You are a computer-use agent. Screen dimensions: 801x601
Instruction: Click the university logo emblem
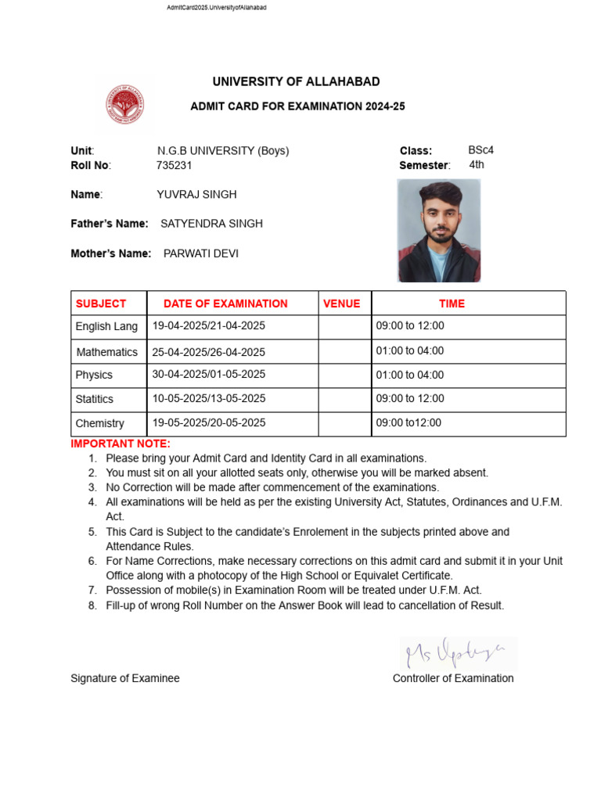click(125, 105)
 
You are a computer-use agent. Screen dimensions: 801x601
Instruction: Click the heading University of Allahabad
click(296, 82)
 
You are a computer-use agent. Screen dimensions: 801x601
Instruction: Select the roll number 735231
click(175, 165)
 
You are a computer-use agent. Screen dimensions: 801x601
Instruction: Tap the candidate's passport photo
click(438, 231)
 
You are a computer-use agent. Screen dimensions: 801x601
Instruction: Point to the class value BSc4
click(480, 150)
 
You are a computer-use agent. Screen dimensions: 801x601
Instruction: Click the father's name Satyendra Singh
click(211, 224)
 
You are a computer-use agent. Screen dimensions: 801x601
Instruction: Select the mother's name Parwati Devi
click(201, 253)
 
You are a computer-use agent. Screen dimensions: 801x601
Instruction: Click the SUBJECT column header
click(101, 304)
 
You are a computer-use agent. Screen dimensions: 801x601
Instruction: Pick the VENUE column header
click(341, 304)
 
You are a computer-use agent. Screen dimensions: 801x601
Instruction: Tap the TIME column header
click(452, 304)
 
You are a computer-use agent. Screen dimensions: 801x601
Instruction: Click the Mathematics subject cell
click(107, 352)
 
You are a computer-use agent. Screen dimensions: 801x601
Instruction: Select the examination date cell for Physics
click(209, 375)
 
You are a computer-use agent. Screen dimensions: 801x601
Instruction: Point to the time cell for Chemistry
click(408, 423)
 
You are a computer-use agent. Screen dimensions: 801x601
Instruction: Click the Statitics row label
click(95, 399)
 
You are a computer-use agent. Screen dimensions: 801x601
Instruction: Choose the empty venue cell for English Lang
click(344, 327)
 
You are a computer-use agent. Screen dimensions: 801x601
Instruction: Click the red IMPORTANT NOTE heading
click(121, 444)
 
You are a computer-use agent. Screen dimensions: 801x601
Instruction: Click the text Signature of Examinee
click(125, 678)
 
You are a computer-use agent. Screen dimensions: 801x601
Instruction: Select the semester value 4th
click(477, 165)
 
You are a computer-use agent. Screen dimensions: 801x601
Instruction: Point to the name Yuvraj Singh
click(196, 194)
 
